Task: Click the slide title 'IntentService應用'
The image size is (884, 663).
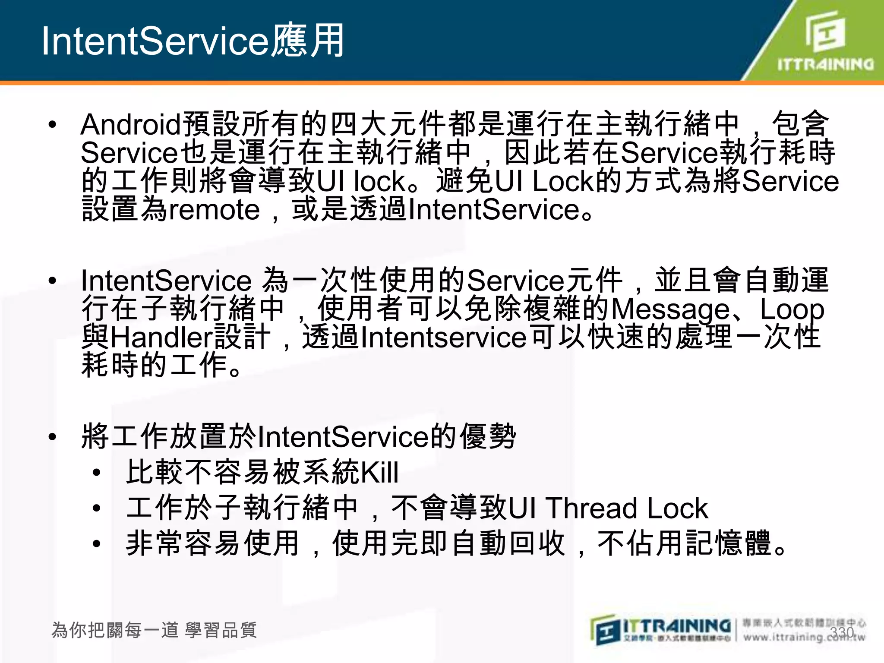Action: (x=193, y=41)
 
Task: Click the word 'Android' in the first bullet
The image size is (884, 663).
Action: (x=131, y=124)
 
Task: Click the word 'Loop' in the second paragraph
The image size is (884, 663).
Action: (x=792, y=309)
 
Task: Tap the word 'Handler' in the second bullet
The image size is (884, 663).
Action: (x=162, y=338)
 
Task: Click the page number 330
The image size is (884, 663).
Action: (x=842, y=632)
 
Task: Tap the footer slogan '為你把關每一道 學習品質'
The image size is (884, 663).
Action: (x=154, y=630)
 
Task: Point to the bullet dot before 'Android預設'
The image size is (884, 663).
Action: (x=53, y=125)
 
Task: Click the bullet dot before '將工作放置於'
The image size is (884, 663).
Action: (x=53, y=437)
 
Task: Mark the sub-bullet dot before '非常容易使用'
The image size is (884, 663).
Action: (x=97, y=544)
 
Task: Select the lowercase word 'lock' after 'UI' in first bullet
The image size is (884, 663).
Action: (x=379, y=181)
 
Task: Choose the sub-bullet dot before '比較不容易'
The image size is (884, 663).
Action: (x=97, y=473)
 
